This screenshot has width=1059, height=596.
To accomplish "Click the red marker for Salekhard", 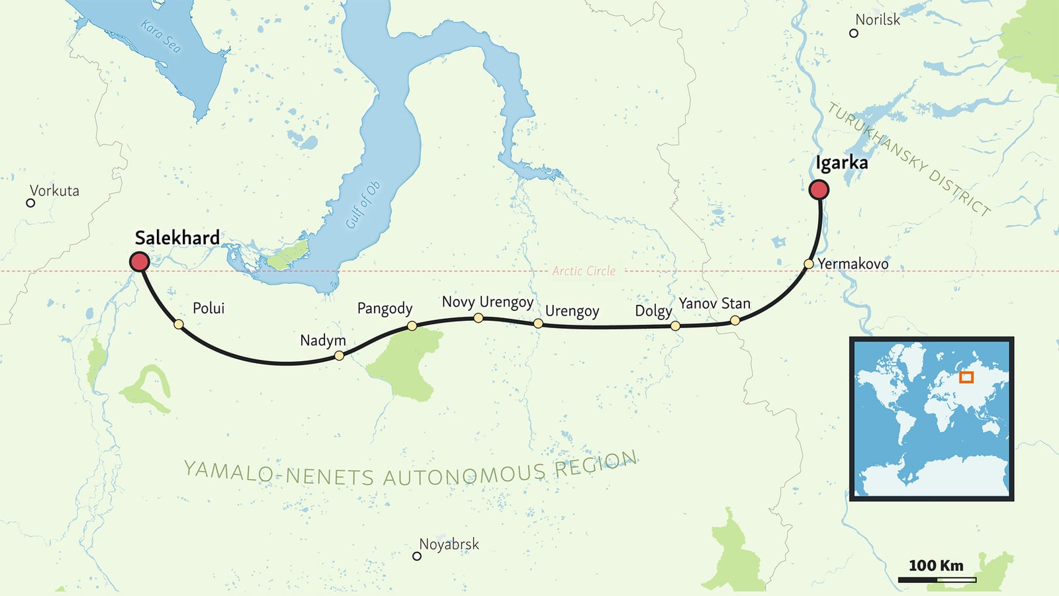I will tap(140, 261).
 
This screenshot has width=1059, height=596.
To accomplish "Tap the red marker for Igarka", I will tap(819, 190).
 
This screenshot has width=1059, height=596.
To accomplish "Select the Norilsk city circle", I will tap(854, 33).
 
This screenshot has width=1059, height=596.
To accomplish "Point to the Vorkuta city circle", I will tap(30, 203).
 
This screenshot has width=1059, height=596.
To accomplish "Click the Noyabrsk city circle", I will tap(417, 556).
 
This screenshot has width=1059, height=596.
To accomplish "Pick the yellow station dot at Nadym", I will tap(339, 355).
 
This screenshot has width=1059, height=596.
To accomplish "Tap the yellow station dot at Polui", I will tap(179, 324).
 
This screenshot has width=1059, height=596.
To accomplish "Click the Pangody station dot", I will tap(412, 325).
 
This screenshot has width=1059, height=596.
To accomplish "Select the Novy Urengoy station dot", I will tap(479, 318).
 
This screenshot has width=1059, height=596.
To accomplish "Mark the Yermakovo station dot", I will tap(808, 264).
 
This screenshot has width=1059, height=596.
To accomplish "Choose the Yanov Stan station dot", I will tap(735, 321).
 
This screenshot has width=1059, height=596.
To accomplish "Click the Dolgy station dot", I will tap(675, 325).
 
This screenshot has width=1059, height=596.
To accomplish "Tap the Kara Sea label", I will tap(161, 36).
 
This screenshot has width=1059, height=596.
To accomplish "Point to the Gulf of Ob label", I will tap(363, 205).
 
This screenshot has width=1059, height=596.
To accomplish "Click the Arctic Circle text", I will tap(584, 271).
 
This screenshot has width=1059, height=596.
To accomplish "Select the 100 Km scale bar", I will tap(937, 580).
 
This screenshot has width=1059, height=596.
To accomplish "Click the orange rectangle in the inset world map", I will tap(966, 378).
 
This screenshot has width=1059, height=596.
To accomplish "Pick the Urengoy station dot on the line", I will tap(538, 323).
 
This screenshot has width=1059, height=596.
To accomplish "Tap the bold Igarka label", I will tap(841, 163).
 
